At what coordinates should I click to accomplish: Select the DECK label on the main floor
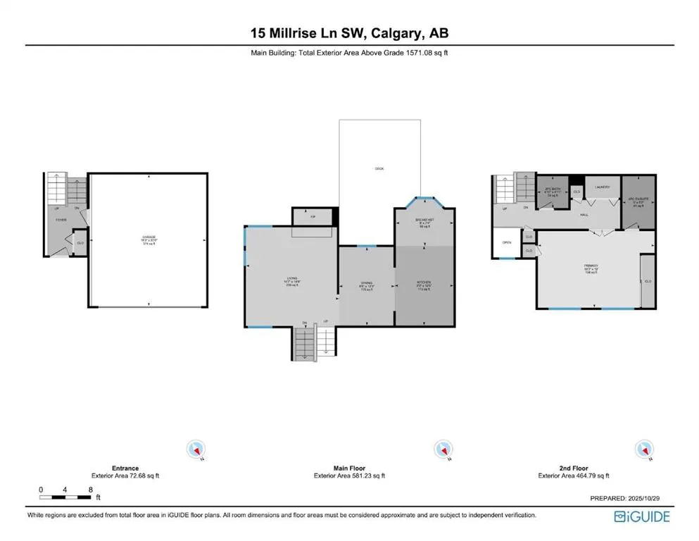coord(379,168)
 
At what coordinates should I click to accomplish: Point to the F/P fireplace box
coord(313,217)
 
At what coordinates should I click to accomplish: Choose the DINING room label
coord(366,285)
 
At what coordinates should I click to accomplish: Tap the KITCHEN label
coord(424,284)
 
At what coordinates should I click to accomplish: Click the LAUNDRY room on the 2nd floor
coord(602,187)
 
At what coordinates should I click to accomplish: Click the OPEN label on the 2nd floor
coord(506,242)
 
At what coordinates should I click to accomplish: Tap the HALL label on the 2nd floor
coord(584,215)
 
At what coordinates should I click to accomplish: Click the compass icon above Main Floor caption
coord(442,449)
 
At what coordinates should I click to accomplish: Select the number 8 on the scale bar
coord(90,489)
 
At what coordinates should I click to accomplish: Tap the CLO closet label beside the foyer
coord(80,242)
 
